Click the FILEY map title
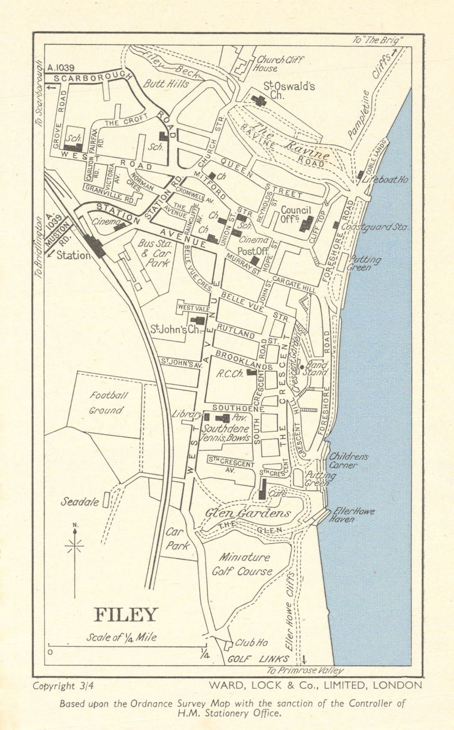[125, 615]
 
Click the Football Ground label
[106, 403]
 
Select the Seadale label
[80, 502]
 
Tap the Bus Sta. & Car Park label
[154, 253]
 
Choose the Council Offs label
[296, 214]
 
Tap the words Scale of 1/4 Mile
[121, 637]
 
